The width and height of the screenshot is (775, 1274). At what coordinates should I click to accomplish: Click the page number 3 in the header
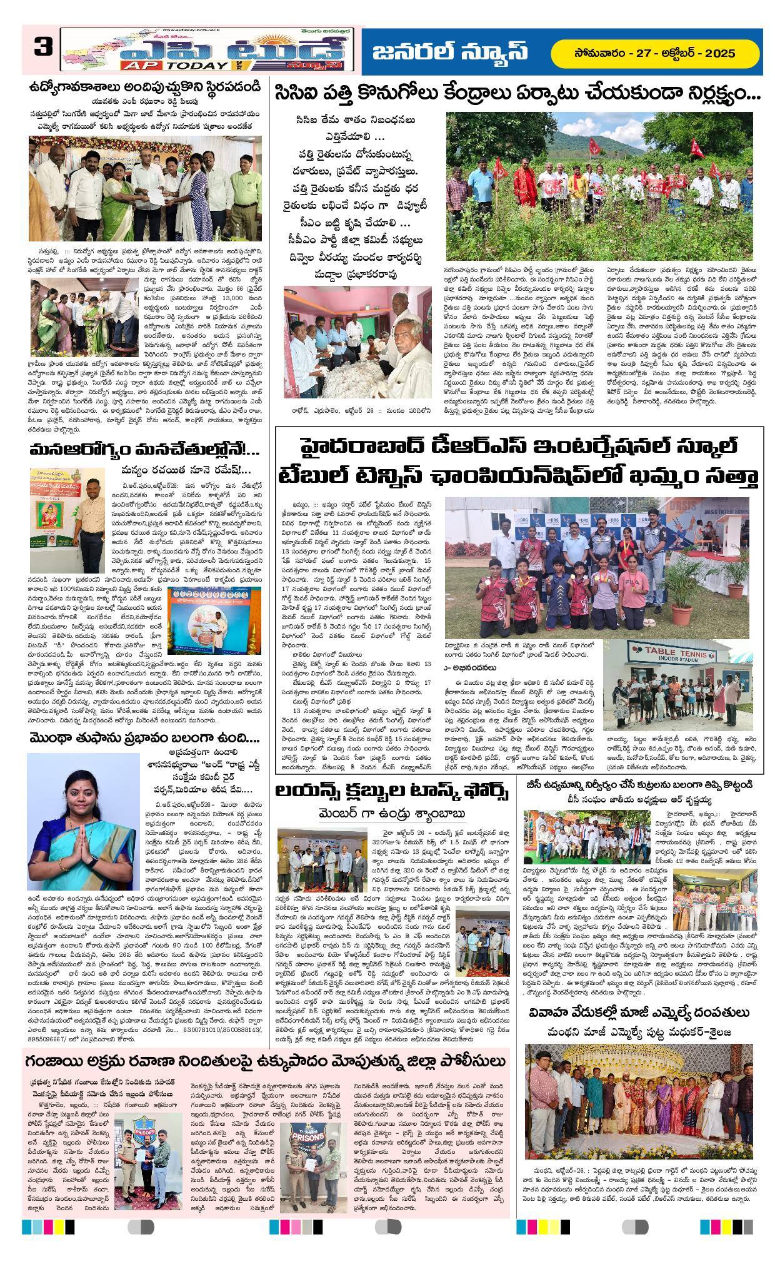(43, 49)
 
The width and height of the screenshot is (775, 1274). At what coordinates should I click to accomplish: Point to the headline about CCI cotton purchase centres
(516, 96)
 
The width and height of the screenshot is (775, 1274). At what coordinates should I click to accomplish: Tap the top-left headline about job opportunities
(147, 88)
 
